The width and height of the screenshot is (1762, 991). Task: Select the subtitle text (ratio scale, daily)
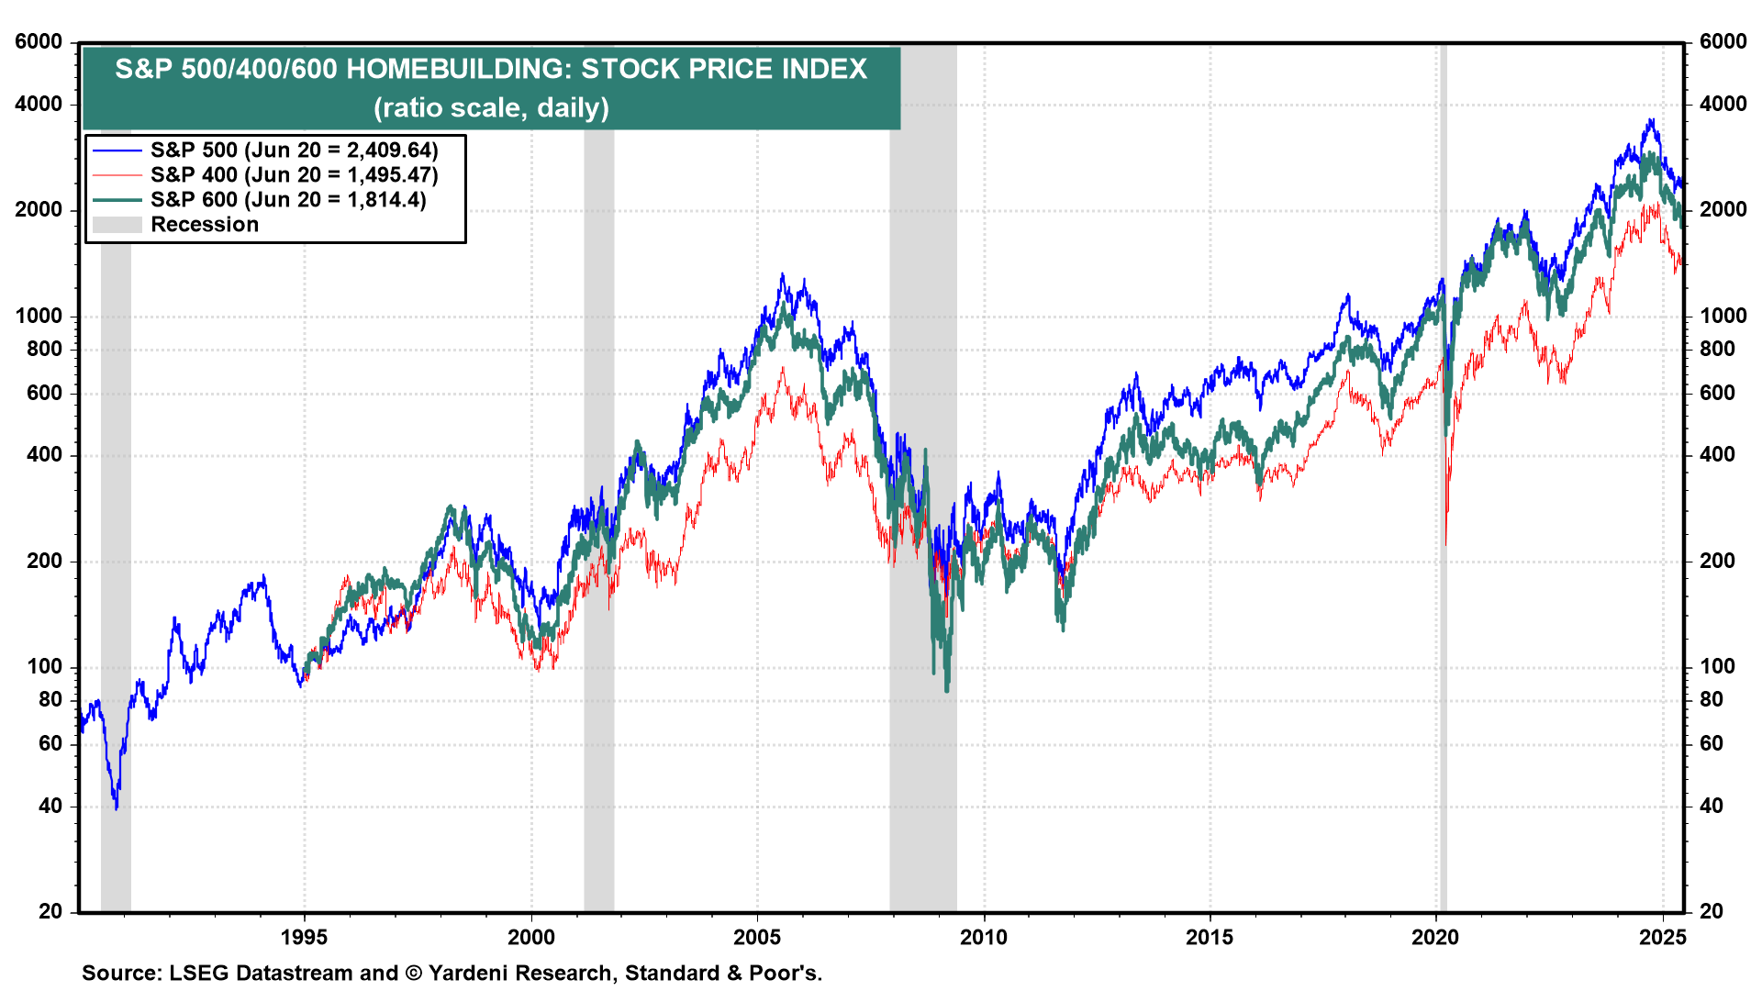point(491,108)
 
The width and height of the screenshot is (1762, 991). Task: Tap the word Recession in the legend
point(205,225)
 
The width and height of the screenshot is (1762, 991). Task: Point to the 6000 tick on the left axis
point(39,42)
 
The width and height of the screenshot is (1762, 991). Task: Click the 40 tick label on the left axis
point(50,806)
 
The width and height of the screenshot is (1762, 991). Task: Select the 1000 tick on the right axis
point(1723,316)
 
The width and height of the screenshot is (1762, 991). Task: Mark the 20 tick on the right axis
point(1711,911)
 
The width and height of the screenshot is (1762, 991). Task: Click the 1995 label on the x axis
point(305,937)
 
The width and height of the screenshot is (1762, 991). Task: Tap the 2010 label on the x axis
point(984,937)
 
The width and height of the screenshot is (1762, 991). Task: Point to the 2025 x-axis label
point(1663,937)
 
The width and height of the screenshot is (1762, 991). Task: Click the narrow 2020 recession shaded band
point(1444,477)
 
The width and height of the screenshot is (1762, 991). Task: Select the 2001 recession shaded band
point(599,477)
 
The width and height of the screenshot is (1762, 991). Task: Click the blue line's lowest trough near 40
point(117,807)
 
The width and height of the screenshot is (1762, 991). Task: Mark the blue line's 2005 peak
point(782,274)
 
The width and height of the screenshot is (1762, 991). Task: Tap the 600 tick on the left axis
point(45,393)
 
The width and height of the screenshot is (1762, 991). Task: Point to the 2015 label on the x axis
point(1210,937)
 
